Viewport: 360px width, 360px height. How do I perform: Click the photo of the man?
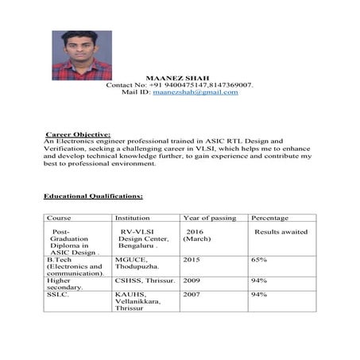77,55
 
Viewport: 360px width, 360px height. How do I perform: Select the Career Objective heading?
78,134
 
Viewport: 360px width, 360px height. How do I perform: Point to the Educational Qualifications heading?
93,195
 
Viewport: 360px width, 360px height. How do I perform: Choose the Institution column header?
133,218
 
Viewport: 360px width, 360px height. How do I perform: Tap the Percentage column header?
270,218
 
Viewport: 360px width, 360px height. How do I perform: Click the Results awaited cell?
281,231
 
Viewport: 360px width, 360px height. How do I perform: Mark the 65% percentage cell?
259,260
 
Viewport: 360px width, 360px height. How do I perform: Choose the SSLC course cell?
58,295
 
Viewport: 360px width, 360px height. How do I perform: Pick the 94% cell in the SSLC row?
259,295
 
